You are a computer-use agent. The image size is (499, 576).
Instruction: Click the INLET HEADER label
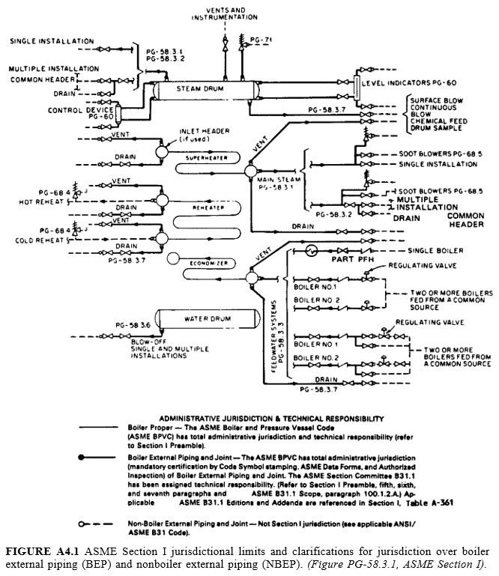tap(198, 133)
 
